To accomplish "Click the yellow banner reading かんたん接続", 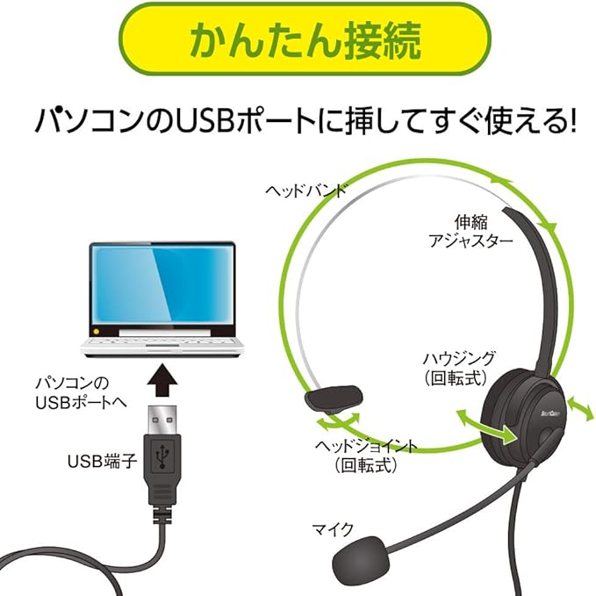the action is (x=298, y=41).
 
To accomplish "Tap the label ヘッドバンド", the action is (x=306, y=190).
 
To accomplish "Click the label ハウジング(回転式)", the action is (x=459, y=366).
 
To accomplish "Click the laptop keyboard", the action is (x=161, y=337).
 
